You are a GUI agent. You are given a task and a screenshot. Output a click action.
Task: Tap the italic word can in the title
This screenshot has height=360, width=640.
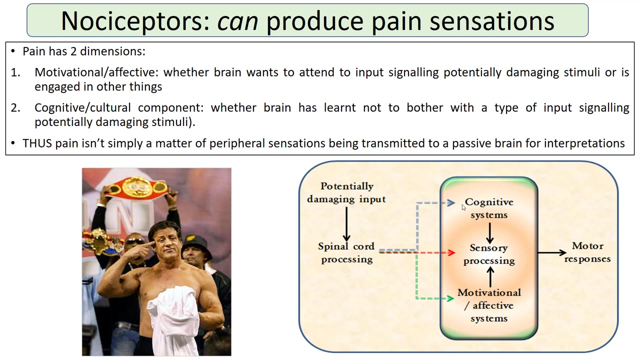pyautogui.click(x=237, y=21)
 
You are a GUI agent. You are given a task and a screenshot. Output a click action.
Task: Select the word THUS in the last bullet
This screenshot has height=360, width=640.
pyautogui.click(x=37, y=143)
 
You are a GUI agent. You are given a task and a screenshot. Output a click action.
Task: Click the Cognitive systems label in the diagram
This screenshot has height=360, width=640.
pyautogui.click(x=489, y=208)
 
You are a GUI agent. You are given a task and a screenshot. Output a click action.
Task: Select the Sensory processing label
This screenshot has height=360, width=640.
pyautogui.click(x=489, y=254)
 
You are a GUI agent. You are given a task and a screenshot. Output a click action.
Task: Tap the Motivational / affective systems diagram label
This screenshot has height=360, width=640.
pyautogui.click(x=489, y=305)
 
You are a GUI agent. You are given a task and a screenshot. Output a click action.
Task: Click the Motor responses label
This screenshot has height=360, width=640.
pyautogui.click(x=587, y=252)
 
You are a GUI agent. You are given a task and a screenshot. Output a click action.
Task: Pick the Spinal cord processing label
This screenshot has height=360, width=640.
pyautogui.click(x=346, y=252)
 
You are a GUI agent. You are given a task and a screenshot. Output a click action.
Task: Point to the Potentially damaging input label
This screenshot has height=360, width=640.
pyautogui.click(x=346, y=192)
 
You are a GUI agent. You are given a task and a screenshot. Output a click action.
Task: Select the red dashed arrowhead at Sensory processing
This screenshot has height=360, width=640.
pyautogui.click(x=451, y=253)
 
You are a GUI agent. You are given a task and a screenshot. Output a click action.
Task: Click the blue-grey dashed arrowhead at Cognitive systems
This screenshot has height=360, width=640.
pyautogui.click(x=451, y=203)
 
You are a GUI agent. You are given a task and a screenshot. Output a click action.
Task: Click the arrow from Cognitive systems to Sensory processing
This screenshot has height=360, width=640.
pyautogui.click(x=489, y=232)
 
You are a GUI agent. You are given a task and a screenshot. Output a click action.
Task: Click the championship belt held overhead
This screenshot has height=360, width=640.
pyautogui.click(x=137, y=187)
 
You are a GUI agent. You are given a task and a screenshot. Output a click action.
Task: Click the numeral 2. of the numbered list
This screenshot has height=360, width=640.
pyautogui.click(x=15, y=107)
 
